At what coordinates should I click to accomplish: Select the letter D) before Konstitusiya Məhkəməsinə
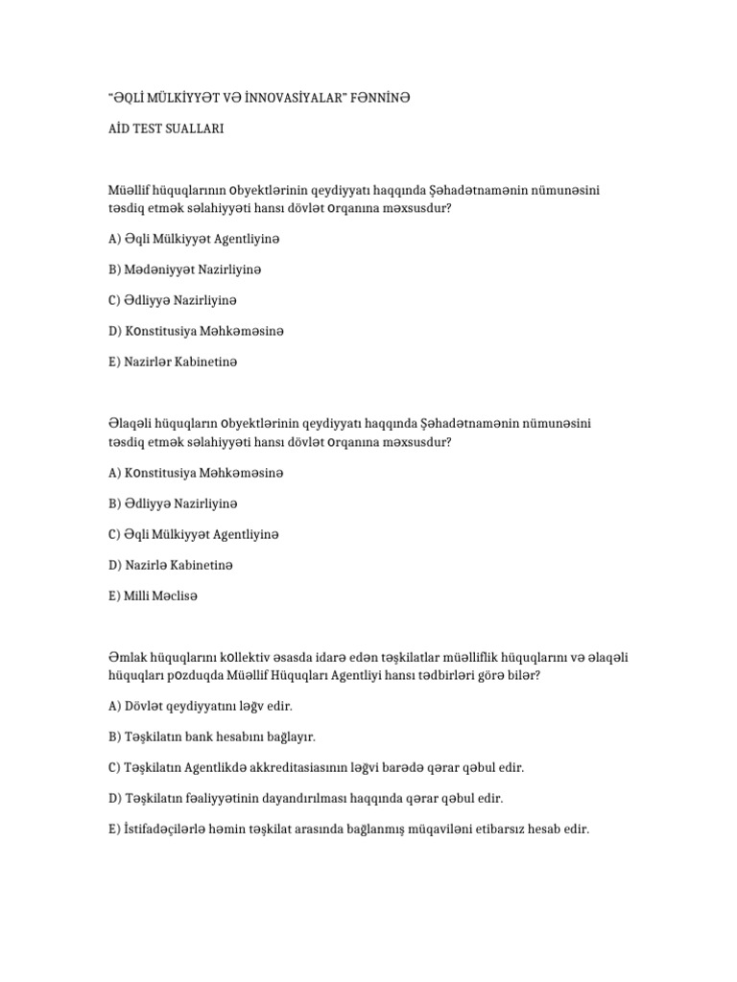[116, 331]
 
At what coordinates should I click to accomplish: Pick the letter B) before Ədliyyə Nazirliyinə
[116, 503]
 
